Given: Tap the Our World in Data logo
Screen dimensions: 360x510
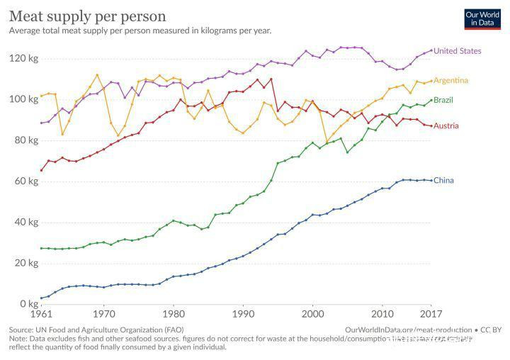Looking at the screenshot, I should coord(482,18).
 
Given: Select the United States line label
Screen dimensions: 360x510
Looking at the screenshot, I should coord(457,51).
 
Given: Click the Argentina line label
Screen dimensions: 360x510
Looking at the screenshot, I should coord(450,80).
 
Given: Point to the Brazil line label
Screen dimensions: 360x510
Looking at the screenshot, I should coord(443,100).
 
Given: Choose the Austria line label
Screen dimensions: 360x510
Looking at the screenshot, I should coord(445,126).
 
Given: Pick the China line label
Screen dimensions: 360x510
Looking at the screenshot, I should coord(443,181).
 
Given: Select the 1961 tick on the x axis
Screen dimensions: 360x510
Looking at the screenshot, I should coord(41,314).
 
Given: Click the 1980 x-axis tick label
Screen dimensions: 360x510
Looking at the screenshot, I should coord(173,314).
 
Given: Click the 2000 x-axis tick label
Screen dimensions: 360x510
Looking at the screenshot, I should coord(312,314).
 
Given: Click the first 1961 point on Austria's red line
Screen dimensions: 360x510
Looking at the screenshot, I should coord(41,170).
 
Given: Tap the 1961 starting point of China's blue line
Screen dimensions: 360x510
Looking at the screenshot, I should coord(41,298).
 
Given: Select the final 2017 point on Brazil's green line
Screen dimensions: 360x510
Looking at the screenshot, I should coord(431,100).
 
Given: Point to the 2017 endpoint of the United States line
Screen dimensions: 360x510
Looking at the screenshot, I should coord(431,51).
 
